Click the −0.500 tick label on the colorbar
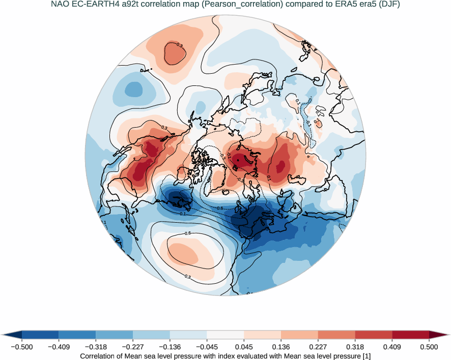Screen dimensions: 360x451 [x=21, y=347]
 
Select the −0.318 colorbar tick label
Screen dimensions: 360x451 [x=96, y=347]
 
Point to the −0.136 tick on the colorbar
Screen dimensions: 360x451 [x=170, y=347]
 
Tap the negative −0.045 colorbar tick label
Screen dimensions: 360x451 [x=207, y=347]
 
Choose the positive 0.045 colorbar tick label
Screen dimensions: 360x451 [x=244, y=347]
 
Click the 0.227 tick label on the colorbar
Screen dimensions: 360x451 [x=318, y=347]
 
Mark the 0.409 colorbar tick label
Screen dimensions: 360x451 [x=392, y=347]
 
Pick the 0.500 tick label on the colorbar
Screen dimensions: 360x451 [x=429, y=347]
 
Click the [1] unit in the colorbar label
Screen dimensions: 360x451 [x=365, y=356]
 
